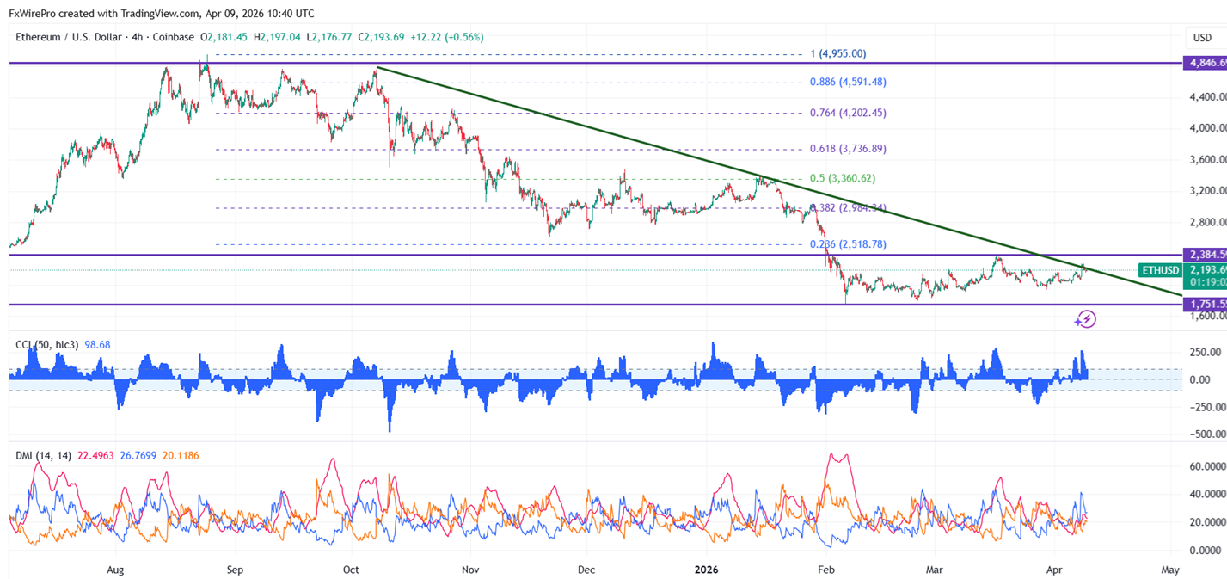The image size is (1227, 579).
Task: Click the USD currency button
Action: (1201, 38)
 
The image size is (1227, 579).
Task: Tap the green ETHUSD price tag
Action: (1160, 270)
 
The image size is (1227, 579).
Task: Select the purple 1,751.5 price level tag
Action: (1205, 305)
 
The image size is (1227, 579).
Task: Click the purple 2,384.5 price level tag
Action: (1205, 255)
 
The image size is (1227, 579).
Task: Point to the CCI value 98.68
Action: (97, 345)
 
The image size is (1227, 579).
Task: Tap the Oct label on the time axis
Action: (350, 570)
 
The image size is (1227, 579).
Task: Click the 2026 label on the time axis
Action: (706, 570)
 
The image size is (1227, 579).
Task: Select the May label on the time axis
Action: (1169, 570)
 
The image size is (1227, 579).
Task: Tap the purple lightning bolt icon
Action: (1085, 320)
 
